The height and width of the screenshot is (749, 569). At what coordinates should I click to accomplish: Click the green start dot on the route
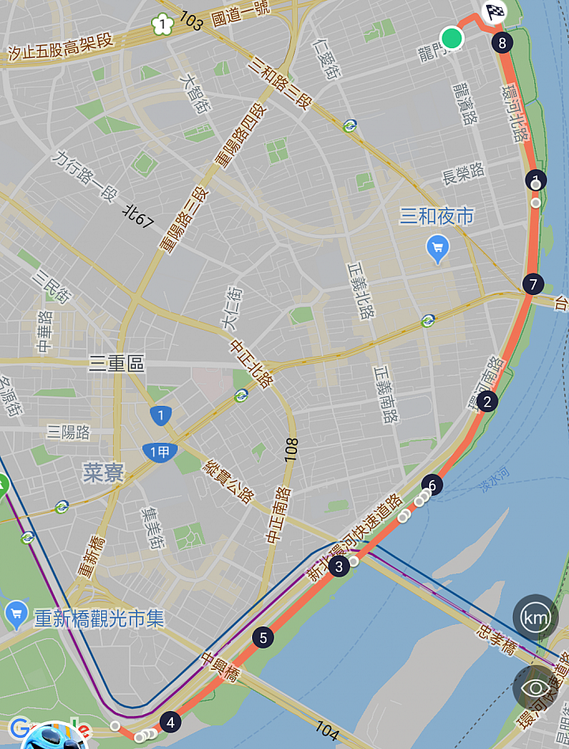(x=451, y=37)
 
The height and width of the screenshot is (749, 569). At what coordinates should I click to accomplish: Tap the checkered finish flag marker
(x=494, y=12)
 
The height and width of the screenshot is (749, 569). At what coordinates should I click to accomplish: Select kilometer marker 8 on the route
(x=501, y=42)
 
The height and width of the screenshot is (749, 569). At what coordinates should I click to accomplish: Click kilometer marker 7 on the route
(x=533, y=284)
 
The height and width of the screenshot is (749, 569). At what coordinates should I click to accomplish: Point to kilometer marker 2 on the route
(x=487, y=402)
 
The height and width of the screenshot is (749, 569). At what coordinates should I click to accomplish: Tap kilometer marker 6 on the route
(x=431, y=484)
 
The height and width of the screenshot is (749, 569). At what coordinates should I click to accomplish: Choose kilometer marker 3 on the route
(x=339, y=566)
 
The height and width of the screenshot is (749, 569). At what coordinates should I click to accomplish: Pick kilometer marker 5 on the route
(x=262, y=637)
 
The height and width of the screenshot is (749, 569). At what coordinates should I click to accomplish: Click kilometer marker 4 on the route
(x=169, y=722)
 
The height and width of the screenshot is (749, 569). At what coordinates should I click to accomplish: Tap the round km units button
(x=535, y=617)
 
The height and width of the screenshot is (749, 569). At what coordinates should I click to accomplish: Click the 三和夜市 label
(x=437, y=216)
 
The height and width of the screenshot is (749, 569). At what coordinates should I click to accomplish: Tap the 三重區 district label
(x=117, y=363)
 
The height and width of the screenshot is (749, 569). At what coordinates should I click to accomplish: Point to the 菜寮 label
(x=104, y=473)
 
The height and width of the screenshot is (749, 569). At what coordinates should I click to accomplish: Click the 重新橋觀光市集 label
(x=99, y=618)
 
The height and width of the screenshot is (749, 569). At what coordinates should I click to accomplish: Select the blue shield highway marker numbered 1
(x=161, y=414)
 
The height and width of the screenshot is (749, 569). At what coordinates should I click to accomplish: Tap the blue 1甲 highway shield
(x=160, y=452)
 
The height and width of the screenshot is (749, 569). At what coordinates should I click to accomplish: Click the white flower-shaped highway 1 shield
(x=162, y=25)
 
